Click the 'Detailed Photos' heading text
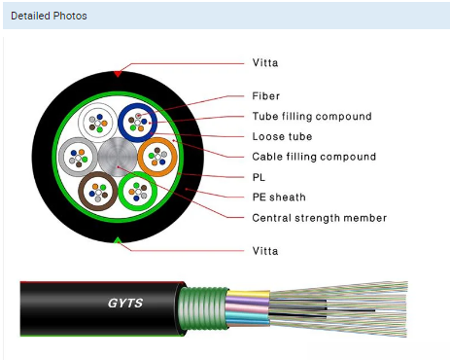click(x=49, y=16)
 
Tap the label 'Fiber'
click(x=265, y=96)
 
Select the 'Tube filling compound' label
click(x=312, y=116)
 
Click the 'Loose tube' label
click(x=282, y=136)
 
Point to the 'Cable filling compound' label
click(x=314, y=157)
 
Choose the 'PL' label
click(x=259, y=177)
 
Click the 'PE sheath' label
click(x=279, y=198)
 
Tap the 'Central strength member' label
click(x=320, y=218)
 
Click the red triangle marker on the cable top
click(x=118, y=74)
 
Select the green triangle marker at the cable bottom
click(x=118, y=240)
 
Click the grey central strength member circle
click(x=118, y=157)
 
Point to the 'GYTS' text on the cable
click(x=125, y=303)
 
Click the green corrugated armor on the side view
click(x=203, y=308)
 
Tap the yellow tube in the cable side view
click(x=248, y=295)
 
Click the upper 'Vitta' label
click(x=265, y=62)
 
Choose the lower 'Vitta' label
click(x=265, y=251)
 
